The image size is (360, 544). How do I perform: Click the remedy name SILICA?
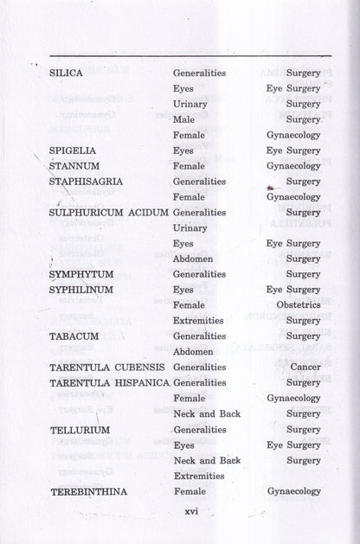[67, 74]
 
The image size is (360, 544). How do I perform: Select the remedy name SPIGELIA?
[72, 150]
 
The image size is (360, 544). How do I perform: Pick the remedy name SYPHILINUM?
[83, 290]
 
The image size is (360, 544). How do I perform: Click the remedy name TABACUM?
[74, 336]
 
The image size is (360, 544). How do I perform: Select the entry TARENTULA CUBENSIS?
[106, 368]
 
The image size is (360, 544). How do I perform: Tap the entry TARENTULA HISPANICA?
[109, 382]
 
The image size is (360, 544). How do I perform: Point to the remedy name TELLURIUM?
[79, 430]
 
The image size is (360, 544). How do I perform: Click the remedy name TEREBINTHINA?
[88, 491]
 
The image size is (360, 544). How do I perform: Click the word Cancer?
[305, 368]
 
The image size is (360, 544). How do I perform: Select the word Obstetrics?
[298, 305]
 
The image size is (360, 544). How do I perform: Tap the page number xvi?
[191, 511]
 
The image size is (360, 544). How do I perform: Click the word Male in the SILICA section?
[183, 120]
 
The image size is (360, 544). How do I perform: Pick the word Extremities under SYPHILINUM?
[198, 321]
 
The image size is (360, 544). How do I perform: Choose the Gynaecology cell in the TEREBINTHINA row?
[293, 491]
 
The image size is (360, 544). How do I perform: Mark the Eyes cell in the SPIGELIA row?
[183, 150]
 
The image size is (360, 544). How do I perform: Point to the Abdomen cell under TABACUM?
[193, 352]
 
